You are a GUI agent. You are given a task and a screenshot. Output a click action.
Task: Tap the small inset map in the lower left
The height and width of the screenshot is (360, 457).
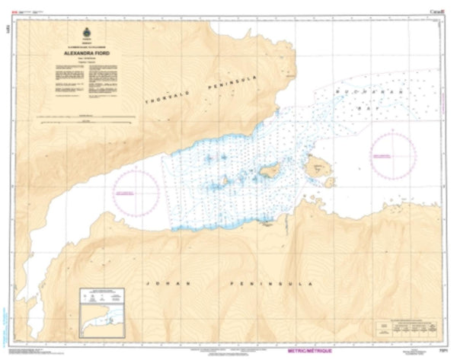click(x=104, y=313)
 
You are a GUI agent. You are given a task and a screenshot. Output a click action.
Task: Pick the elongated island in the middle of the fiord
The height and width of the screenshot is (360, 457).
click(x=270, y=172)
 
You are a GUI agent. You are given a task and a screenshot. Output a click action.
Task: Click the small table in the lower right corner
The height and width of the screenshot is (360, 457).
click(x=409, y=323)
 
